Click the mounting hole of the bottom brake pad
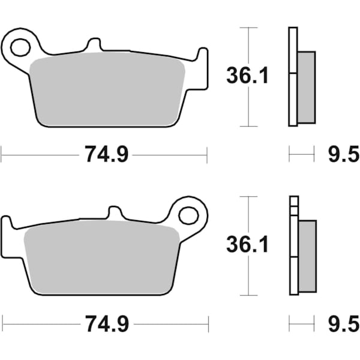[x=188, y=215]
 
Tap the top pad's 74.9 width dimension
[x=106, y=155]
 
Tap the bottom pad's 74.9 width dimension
[x=106, y=325]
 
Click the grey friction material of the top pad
[x=108, y=90]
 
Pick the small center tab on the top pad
[x=94, y=45]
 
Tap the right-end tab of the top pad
[x=201, y=57]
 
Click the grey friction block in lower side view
[x=307, y=254]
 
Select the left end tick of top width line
[x=2, y=155]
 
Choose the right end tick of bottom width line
[x=208, y=325]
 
